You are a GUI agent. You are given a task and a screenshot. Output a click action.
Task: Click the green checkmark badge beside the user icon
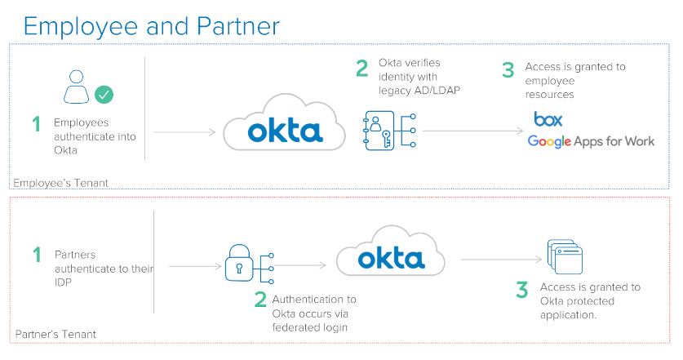pyautogui.click(x=104, y=94)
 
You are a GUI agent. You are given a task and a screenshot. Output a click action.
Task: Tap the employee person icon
pyautogui.click(x=76, y=87)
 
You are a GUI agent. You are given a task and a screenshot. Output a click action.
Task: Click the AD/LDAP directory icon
pyautogui.click(x=379, y=131)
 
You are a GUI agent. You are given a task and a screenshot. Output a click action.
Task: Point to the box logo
pyautogui.click(x=548, y=119)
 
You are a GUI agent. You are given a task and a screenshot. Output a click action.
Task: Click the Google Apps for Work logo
pyautogui.click(x=591, y=141)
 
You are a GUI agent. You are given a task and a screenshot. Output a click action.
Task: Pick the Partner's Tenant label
pyautogui.click(x=55, y=334)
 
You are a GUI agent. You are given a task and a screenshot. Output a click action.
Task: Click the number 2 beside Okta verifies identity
pyautogui.click(x=361, y=69)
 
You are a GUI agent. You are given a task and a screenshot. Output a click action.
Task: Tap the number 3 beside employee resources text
pyautogui.click(x=508, y=70)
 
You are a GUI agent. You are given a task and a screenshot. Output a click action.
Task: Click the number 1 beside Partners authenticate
pyautogui.click(x=36, y=255)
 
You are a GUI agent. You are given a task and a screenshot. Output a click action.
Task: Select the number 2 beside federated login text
pyautogui.click(x=259, y=300)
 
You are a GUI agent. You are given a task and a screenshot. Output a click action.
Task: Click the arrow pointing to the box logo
pyautogui.click(x=473, y=131)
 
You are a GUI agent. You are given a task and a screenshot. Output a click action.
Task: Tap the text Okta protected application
pyautogui.click(x=590, y=301)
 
